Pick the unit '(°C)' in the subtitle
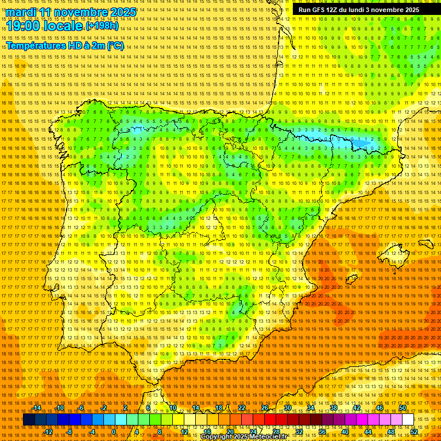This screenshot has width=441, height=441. [115, 46]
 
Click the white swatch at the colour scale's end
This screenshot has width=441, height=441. [408, 420]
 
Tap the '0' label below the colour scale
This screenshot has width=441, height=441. [114, 432]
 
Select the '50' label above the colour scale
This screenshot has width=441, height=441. [403, 408]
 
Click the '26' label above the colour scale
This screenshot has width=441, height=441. [265, 408]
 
